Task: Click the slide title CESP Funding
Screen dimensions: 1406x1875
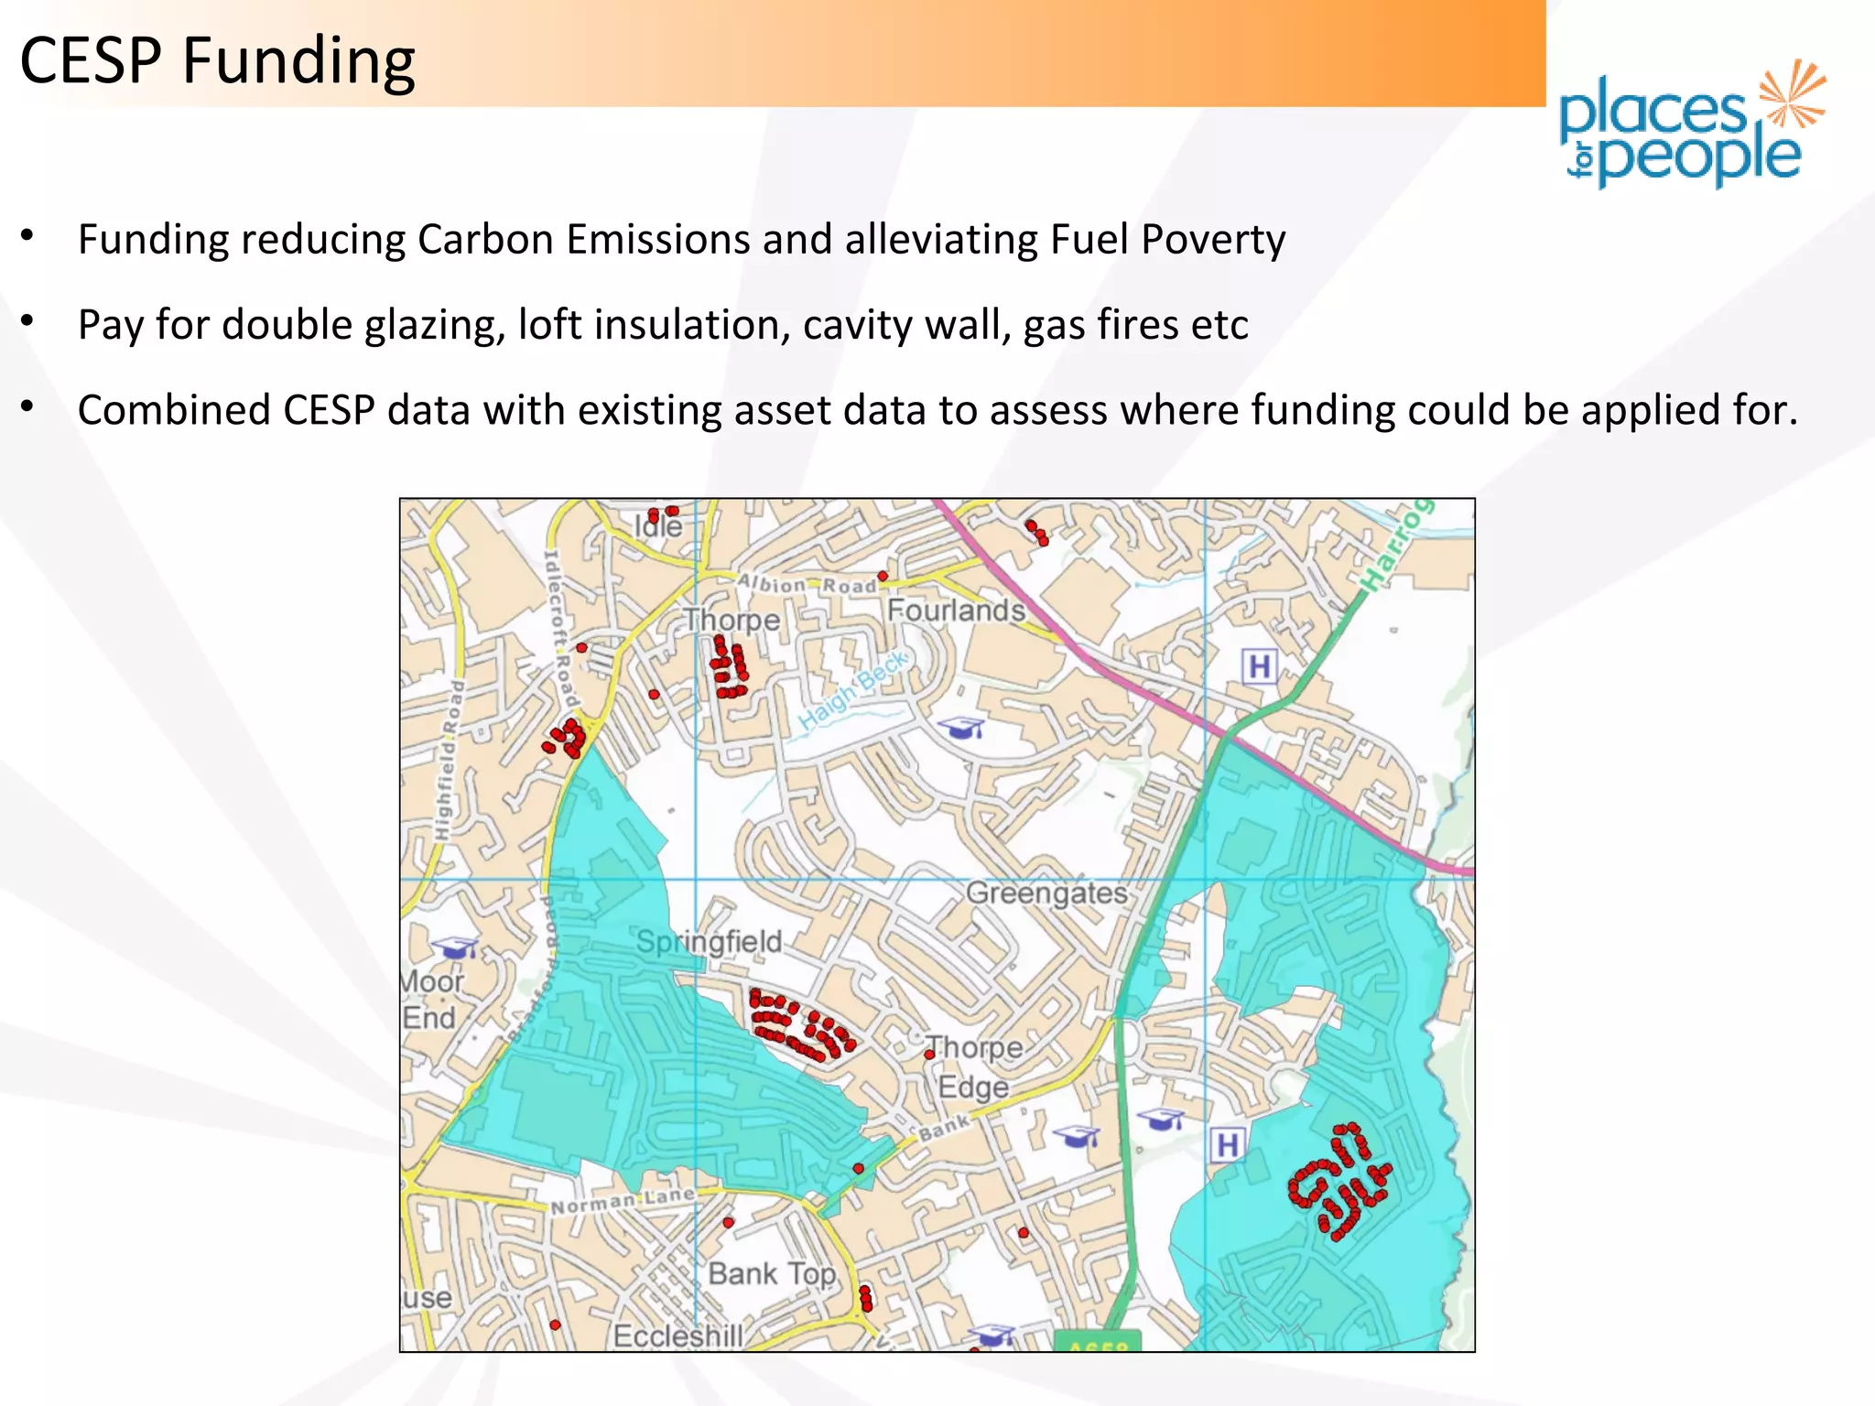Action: [x=217, y=61]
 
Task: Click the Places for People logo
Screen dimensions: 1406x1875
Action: [x=1691, y=125]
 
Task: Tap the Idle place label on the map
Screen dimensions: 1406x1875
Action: [x=658, y=526]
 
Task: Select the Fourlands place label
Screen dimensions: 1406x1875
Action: [x=956, y=610]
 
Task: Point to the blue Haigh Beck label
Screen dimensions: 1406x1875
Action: [x=852, y=690]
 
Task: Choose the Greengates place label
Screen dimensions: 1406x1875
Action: [x=1046, y=892]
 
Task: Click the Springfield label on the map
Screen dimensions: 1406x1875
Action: [x=709, y=942]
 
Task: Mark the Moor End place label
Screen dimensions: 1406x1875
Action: [x=431, y=1000]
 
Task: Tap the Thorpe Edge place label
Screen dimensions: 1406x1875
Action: [x=973, y=1067]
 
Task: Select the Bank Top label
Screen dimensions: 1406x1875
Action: [x=772, y=1273]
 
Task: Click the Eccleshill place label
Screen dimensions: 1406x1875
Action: [x=677, y=1336]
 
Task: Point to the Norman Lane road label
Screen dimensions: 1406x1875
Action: [x=622, y=1202]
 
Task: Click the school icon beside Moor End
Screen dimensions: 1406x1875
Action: [x=455, y=947]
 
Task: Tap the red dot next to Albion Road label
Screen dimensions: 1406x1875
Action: [x=883, y=576]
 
